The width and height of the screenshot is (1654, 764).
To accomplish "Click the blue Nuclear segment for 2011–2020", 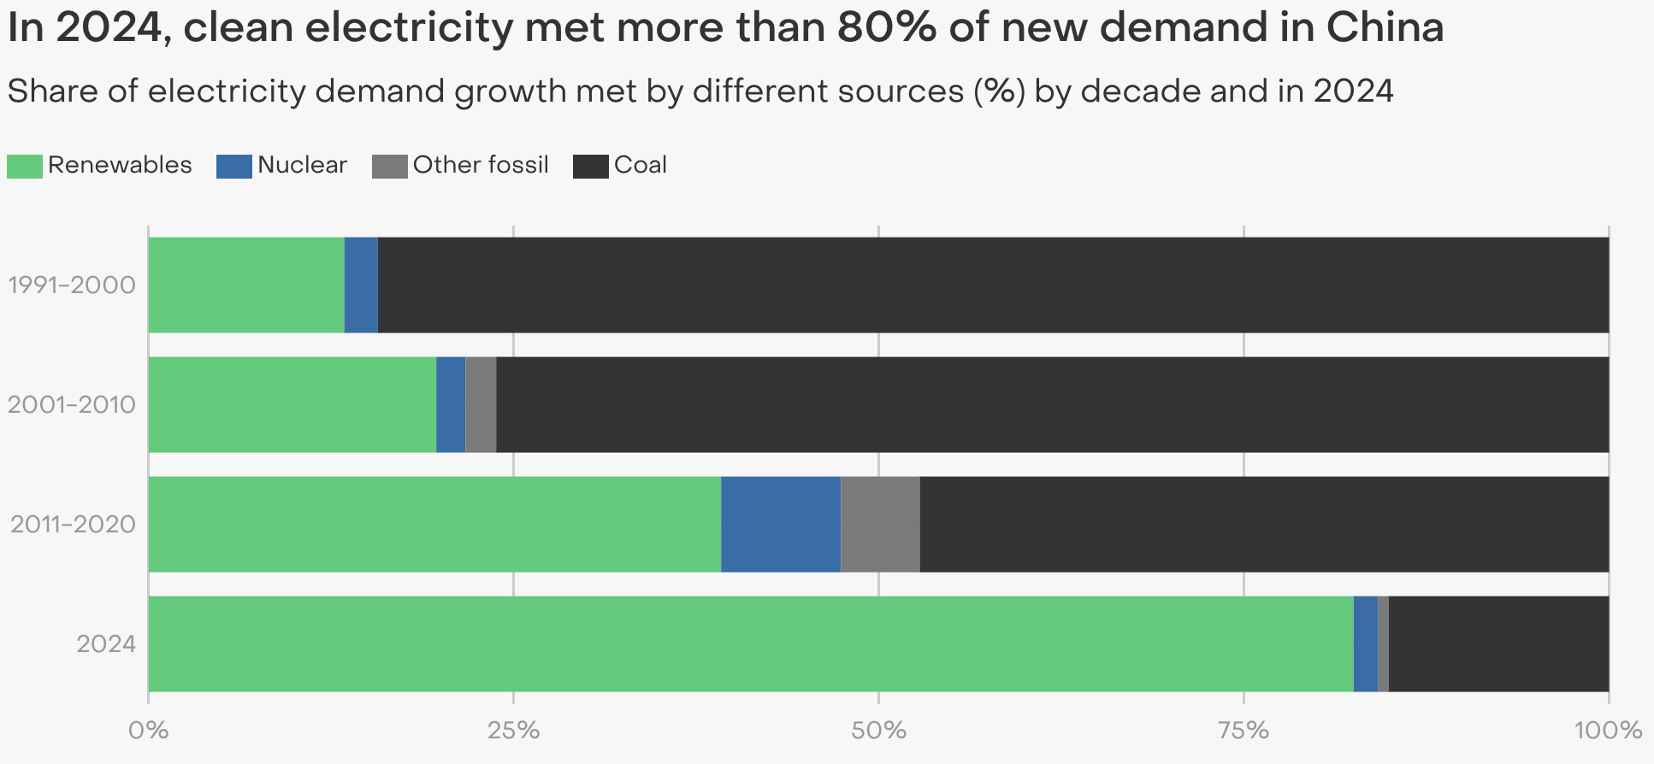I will coord(781,524).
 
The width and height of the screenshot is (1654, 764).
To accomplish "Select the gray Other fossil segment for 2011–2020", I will coord(880,524).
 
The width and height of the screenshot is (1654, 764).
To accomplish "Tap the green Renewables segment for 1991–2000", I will coord(246,285).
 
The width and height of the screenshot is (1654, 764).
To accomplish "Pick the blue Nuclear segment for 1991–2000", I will coord(361,285).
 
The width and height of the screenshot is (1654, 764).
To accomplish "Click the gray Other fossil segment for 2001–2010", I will coord(481,404).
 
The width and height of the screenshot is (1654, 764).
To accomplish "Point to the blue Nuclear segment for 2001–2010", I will coord(451,404).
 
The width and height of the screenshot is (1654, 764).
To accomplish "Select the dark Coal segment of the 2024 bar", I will coord(1498,644).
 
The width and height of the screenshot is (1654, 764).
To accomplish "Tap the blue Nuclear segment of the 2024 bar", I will coord(1366,644).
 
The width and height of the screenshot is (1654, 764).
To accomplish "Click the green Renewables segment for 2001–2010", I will coord(292,404).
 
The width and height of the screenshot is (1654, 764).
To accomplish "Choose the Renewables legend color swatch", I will coord(24,166).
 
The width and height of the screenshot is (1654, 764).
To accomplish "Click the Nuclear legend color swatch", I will coord(234,166).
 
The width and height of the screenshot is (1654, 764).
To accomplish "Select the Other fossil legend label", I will coord(481,165).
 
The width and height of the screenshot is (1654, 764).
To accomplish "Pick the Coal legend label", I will coord(641,165).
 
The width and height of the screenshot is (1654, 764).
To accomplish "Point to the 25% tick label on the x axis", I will coord(513,732).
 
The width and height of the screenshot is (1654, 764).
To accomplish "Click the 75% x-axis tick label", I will coord(1243,732).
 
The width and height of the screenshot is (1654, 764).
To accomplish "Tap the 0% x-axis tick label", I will coord(148,732).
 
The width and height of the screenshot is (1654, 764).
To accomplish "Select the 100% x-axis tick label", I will coord(1608,732).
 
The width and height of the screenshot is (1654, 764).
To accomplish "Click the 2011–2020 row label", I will coord(73,524).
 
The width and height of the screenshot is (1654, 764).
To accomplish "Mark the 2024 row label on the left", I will coord(106,644).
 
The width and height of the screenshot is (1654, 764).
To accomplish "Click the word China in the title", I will coord(1385,28).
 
